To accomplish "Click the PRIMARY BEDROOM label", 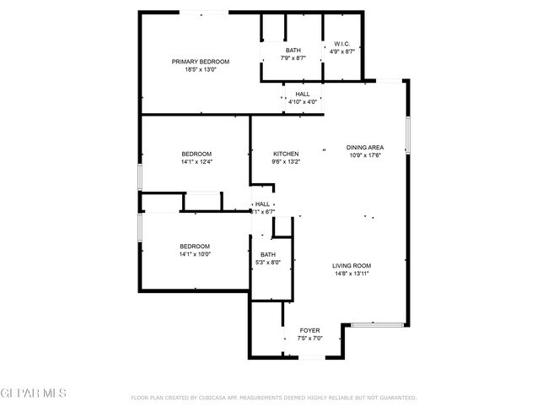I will coord(201,62).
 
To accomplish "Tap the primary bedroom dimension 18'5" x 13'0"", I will coord(201,70).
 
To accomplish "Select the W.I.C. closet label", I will coord(341,44).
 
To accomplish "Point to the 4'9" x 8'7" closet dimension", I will coord(341,51).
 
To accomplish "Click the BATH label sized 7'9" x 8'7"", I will coord(293,51).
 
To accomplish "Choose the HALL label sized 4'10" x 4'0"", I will coord(302,94).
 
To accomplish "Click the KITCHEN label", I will coord(286,154).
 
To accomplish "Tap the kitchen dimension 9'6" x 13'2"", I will coord(286,161).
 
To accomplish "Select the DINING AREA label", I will coord(365,148).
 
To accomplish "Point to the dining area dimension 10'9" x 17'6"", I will coord(365,155).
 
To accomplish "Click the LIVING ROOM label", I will coord(351,266).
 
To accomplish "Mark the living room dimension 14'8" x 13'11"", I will coord(351,274).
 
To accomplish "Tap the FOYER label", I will coord(310,330).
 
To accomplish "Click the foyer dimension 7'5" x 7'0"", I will coord(310,338).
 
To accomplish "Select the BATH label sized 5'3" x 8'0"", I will coord(267,255).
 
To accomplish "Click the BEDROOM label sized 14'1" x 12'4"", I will coord(195,154).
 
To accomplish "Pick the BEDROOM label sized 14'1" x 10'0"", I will coord(195,246).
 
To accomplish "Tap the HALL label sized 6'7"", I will coord(263,204).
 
